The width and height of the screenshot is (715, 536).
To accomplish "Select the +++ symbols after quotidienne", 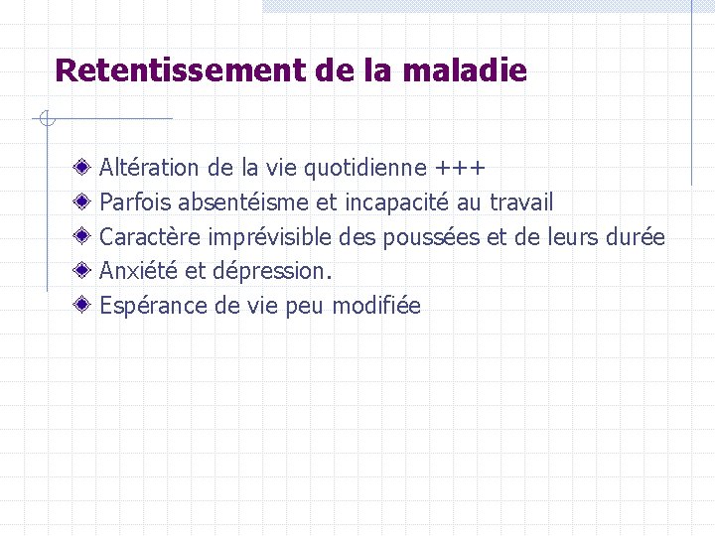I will (x=460, y=168).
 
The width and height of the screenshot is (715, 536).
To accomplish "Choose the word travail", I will (x=522, y=202).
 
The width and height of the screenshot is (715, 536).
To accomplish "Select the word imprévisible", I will (x=270, y=238).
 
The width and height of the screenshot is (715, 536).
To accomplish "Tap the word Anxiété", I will (x=138, y=271).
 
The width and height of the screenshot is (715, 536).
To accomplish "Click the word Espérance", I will (x=153, y=306).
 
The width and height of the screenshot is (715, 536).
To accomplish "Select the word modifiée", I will (x=376, y=306).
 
